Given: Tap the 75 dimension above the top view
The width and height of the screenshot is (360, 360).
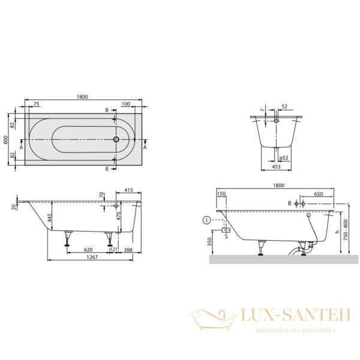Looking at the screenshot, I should tap(36, 104).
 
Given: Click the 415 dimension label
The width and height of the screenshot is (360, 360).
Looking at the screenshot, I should tap(128, 190).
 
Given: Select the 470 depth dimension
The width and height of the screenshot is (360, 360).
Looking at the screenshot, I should tap(119, 216).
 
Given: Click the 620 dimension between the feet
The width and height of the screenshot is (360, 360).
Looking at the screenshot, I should tap(88, 248).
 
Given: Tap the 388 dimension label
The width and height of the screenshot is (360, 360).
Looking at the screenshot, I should tap(128, 248).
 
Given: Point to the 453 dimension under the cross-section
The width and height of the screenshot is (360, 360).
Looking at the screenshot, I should tap(275, 167).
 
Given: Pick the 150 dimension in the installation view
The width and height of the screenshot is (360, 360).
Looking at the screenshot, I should tap(221, 194).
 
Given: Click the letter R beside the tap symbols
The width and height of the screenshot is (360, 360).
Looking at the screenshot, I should tap(289, 204).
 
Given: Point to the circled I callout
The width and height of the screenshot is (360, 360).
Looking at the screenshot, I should tap(206, 220).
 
